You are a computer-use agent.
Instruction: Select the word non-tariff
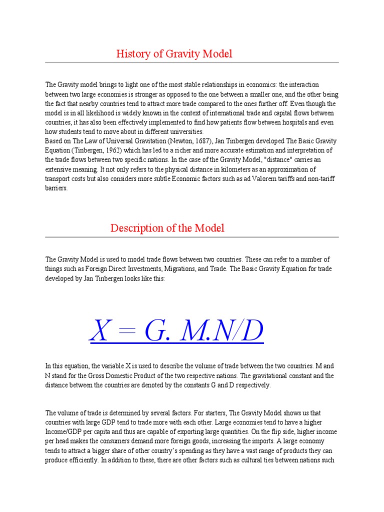[x=320, y=178]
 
